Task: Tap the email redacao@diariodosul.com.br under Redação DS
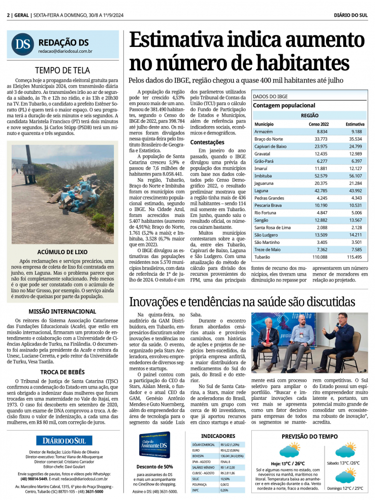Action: [66, 51]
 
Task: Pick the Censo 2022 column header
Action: [318, 124]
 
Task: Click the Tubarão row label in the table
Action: [262, 257]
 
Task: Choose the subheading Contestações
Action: [207, 142]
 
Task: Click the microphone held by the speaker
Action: [337, 325]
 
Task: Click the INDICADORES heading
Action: [218, 436]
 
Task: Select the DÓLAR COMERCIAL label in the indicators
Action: [203, 444]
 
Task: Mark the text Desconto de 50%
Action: [154, 466]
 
